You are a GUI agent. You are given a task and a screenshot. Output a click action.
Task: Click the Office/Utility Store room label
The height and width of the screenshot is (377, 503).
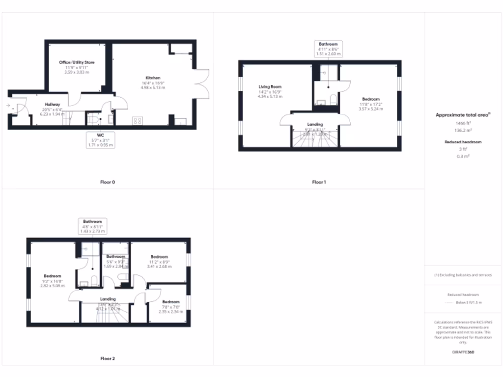[x=77, y=63]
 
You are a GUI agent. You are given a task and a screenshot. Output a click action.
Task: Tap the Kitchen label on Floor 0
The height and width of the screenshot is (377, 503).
[x=153, y=78]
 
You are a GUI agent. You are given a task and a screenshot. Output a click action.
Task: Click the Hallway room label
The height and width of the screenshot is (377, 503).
[x=53, y=105]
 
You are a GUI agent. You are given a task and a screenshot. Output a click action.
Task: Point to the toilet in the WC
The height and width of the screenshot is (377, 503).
[x=92, y=119]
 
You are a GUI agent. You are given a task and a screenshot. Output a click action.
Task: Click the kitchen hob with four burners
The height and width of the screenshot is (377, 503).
[x=137, y=120]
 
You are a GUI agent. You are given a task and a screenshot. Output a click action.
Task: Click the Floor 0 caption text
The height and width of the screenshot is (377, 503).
[x=108, y=182]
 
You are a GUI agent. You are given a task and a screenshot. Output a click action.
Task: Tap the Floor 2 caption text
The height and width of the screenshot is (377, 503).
[x=108, y=359]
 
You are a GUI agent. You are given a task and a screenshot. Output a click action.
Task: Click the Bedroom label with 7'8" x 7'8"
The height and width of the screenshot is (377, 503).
[x=171, y=302]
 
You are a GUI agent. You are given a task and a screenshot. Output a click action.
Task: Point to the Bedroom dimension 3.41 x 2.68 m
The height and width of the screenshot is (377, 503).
[x=159, y=267]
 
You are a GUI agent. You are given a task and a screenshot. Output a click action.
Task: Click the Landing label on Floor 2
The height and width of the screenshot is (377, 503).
[x=108, y=299]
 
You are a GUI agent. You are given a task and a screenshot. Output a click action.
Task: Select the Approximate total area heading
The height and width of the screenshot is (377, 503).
[x=463, y=115]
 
